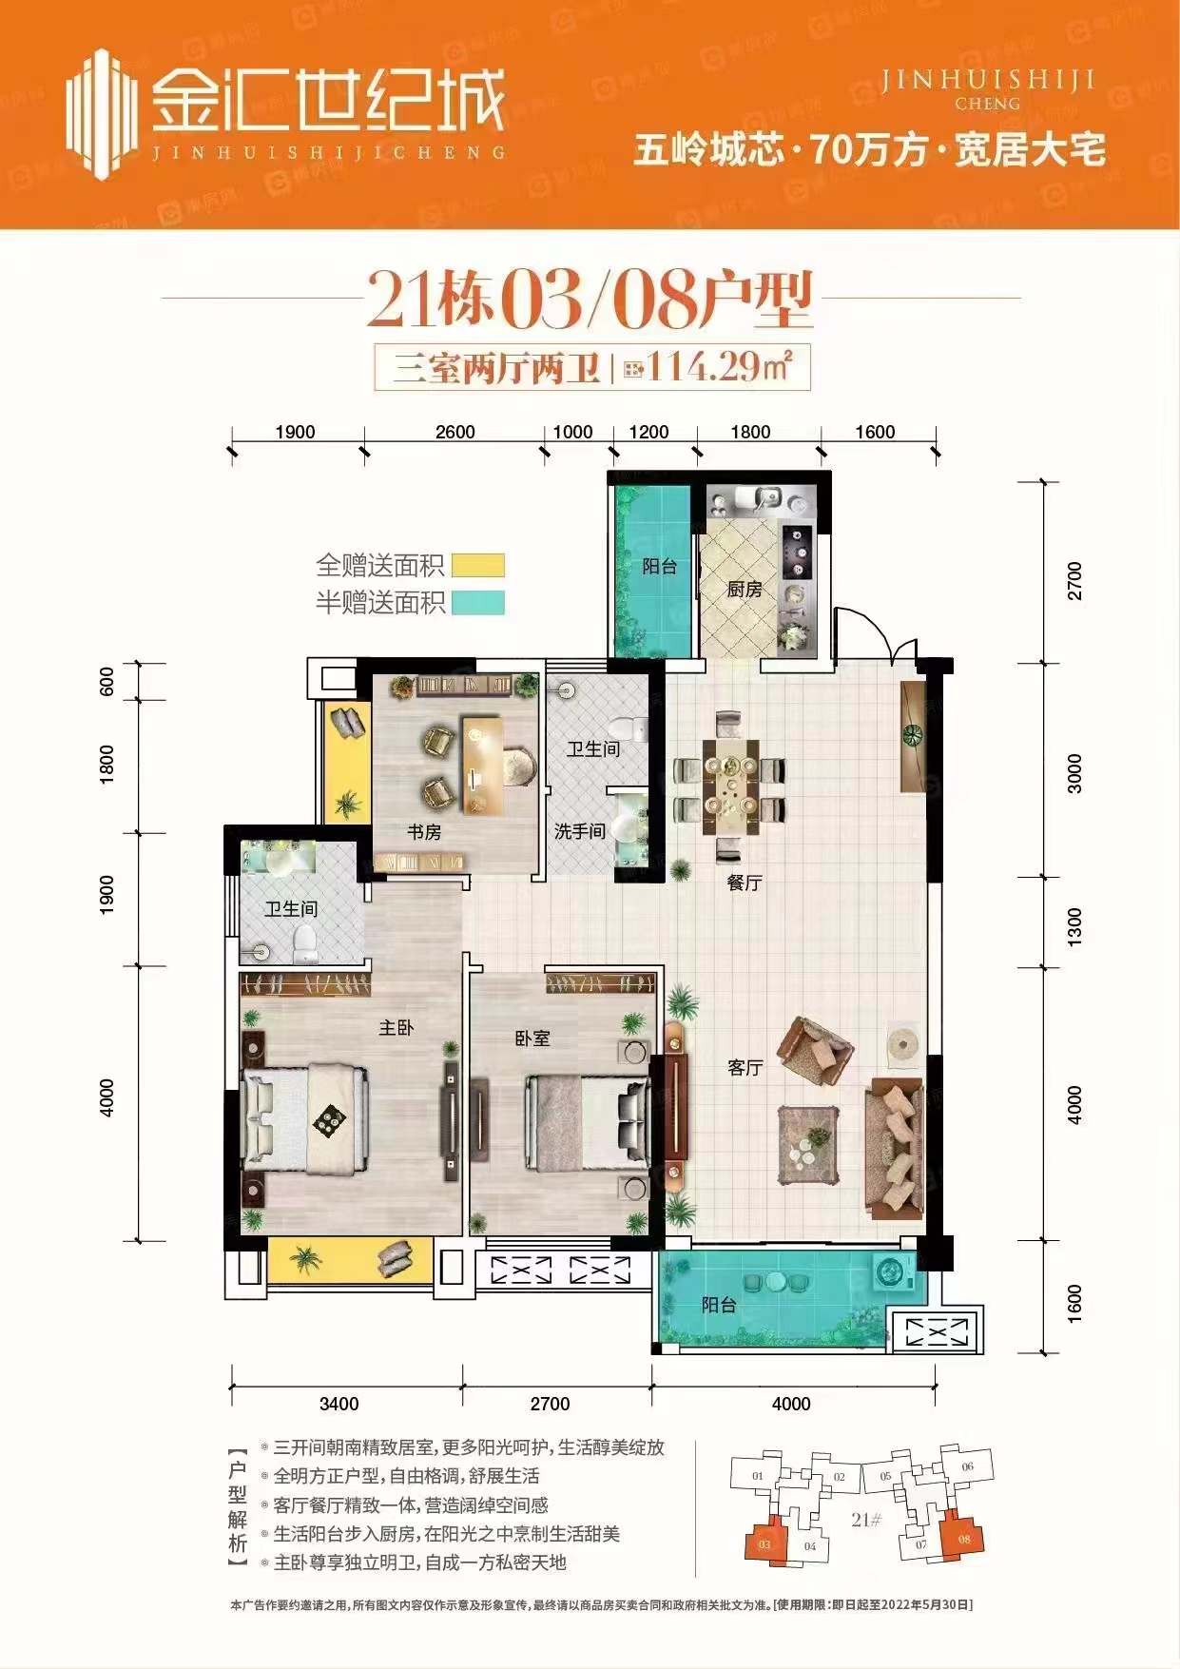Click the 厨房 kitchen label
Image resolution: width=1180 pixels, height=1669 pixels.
coord(745,590)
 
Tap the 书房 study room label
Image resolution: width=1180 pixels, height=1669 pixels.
coord(424,832)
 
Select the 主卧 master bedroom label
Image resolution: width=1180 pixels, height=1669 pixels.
coord(397,1027)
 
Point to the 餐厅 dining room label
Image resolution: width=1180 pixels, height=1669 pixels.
coord(745,883)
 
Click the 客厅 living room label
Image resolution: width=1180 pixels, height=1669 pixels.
coord(745,1068)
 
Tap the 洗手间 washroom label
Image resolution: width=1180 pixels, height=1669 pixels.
coord(580,831)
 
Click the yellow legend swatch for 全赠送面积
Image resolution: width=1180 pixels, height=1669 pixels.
coord(477,566)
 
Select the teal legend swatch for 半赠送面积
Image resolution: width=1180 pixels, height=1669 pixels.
coord(477,603)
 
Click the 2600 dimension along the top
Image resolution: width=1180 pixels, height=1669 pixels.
coord(455,432)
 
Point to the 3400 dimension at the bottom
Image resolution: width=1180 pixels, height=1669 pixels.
coord(339,1404)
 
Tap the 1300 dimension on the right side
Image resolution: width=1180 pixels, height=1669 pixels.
coord(1074,926)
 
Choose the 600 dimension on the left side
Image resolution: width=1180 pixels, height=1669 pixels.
coord(106,681)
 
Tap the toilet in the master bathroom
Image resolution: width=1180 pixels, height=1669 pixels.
coord(304,941)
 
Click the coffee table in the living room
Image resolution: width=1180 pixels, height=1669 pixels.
coord(808,1145)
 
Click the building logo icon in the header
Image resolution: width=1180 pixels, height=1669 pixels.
coord(100,114)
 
